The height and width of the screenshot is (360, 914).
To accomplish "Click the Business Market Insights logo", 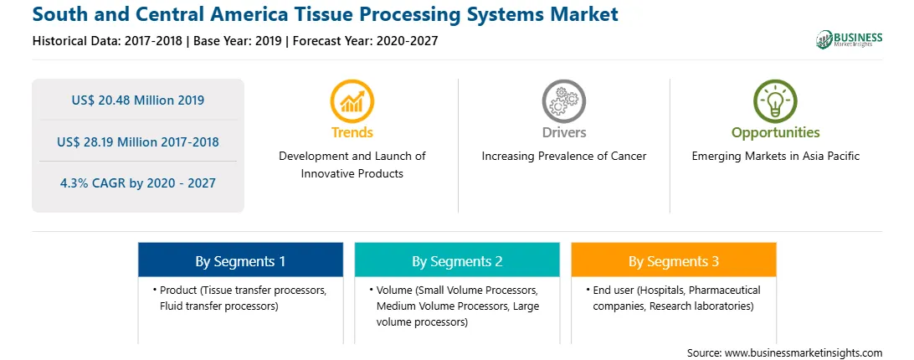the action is tap(849, 39).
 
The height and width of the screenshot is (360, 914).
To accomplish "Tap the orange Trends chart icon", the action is tap(352, 101).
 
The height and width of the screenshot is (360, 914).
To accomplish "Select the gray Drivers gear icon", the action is tap(563, 101).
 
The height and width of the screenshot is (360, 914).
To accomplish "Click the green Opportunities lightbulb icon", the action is tap(775, 101).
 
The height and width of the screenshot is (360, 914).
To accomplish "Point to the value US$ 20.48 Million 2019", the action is tap(138, 100).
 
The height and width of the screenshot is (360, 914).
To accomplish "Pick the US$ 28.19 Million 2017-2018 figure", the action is tap(138, 141).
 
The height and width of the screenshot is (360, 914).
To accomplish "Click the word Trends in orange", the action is tap(352, 132).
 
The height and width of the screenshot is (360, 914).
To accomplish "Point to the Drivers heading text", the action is tap(563, 132).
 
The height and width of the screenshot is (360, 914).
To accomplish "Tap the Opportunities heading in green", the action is tap(775, 132).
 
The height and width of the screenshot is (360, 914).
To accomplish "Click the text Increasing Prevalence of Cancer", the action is tap(563, 157).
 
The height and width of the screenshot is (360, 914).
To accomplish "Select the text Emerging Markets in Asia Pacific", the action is tap(775, 157).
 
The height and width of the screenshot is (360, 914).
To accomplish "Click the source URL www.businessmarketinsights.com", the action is tap(804, 352).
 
